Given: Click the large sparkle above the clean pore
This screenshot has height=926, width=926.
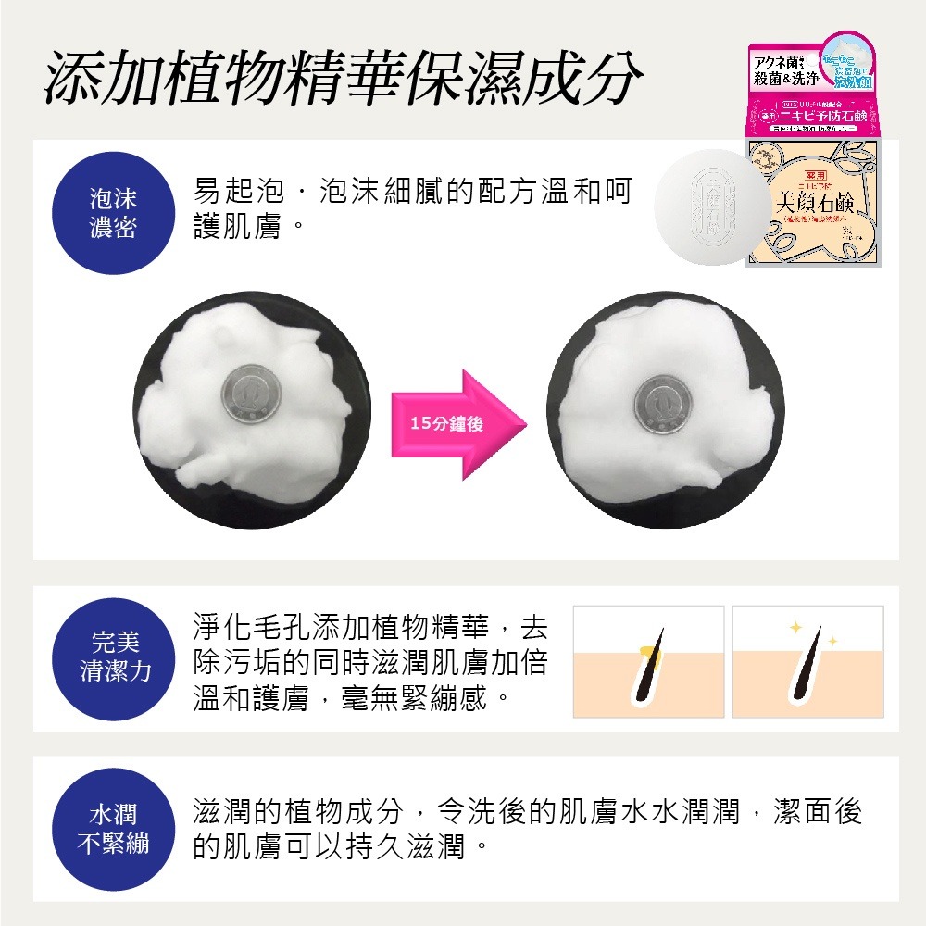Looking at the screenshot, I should tap(794, 629).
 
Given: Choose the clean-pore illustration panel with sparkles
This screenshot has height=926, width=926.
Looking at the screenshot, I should tap(807, 661).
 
